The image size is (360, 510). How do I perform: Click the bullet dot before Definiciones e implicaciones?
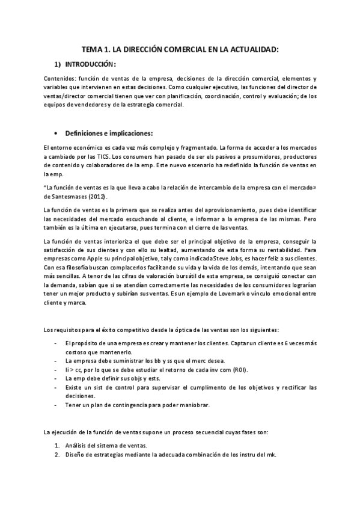pyautogui.click(x=55, y=133)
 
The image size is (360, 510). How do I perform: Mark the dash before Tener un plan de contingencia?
pyautogui.click(x=55, y=405)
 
